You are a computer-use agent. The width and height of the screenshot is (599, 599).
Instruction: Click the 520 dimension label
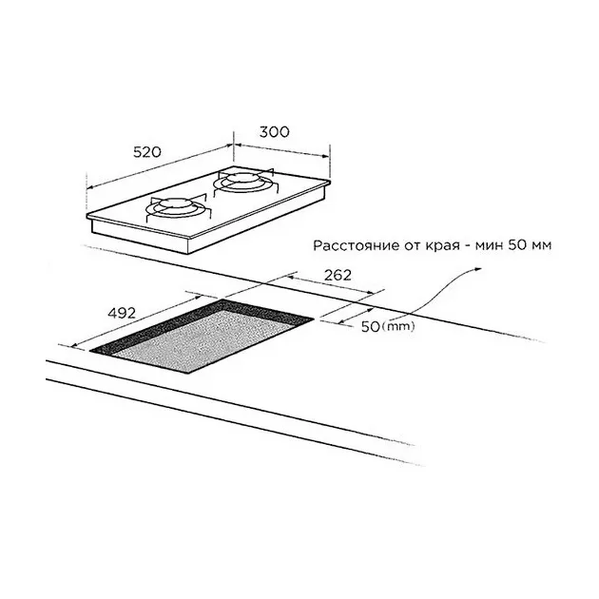tap(147, 152)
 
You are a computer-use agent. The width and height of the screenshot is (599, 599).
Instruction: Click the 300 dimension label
tap(274, 132)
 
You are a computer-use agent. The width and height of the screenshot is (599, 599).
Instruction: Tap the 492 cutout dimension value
tap(122, 313)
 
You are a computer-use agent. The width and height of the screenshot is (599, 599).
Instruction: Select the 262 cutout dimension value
tap(337, 275)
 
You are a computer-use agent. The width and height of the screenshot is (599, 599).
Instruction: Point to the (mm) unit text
tap(397, 326)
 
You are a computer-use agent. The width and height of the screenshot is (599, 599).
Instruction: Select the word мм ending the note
tap(542, 245)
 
